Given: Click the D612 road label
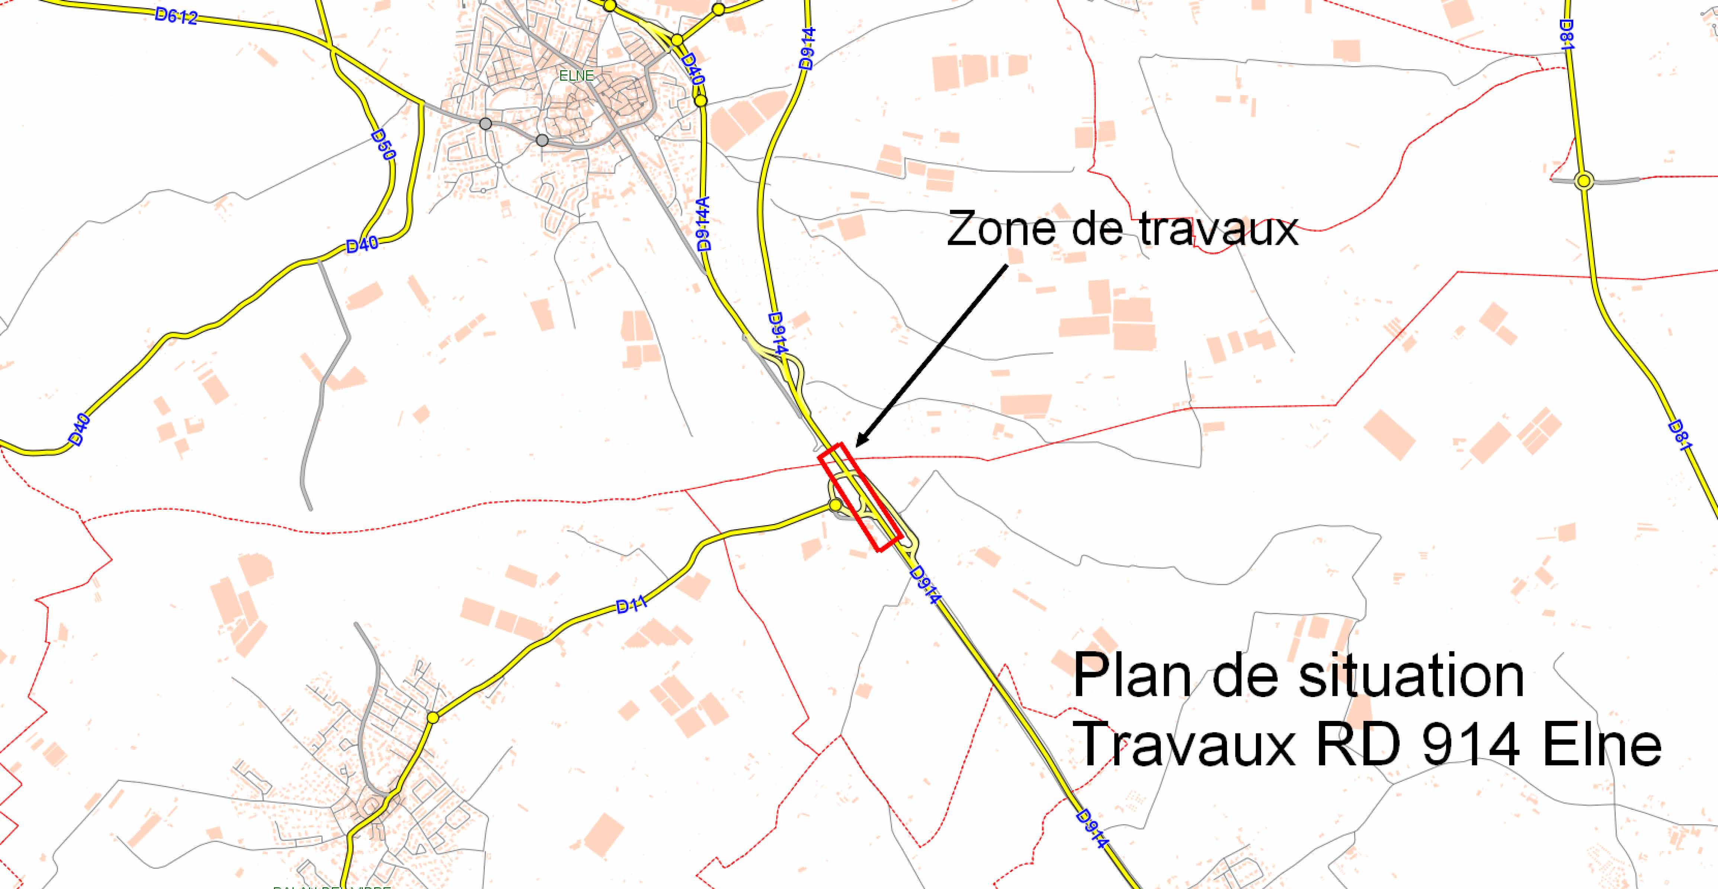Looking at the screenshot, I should point(176,16).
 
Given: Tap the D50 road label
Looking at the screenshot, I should point(384,145).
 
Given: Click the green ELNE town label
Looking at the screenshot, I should point(576,76).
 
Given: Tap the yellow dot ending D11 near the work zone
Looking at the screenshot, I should point(835,506).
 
